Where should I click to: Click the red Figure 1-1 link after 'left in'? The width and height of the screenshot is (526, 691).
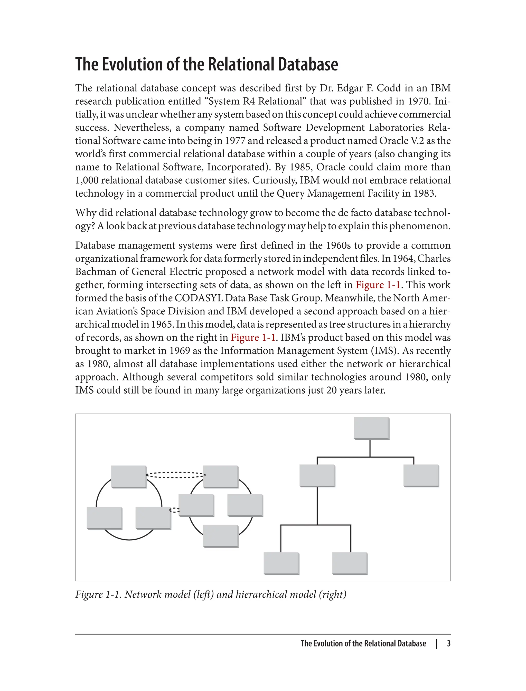(378, 285)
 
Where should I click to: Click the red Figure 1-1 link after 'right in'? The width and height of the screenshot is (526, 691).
(253, 338)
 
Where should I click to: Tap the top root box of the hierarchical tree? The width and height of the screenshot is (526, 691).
(371, 428)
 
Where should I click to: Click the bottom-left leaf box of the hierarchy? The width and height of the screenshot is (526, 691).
(281, 563)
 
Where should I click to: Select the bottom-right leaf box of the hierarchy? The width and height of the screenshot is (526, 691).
(349, 563)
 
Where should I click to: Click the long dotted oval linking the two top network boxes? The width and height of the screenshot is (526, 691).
(175, 475)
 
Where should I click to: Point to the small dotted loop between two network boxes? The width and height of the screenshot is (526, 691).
(174, 511)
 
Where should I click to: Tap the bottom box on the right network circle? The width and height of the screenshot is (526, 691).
(220, 536)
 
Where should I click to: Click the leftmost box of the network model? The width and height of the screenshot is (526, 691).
(104, 518)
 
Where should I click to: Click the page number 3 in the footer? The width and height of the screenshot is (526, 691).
(448, 644)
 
